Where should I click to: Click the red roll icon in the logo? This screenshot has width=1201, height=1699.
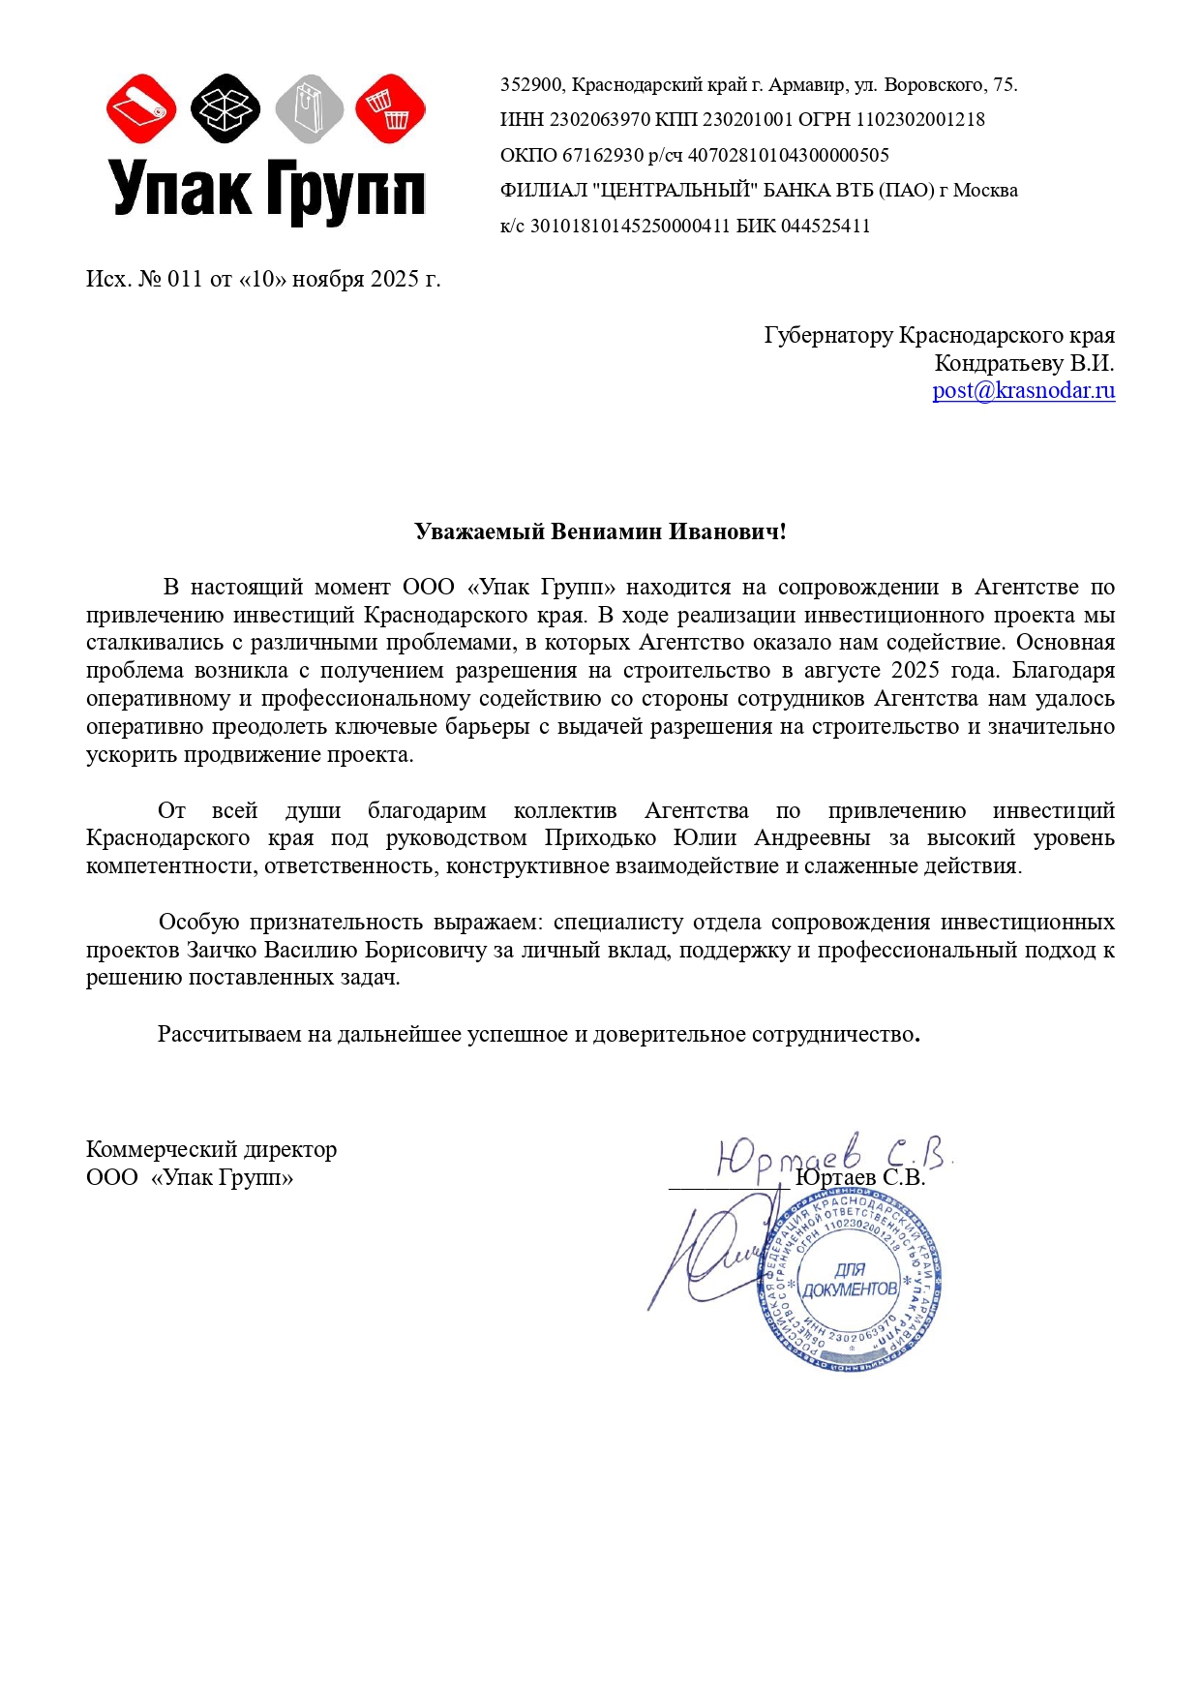coord(141,108)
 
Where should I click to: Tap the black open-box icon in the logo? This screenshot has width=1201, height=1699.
coord(225,108)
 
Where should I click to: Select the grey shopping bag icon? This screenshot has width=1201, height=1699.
coord(309,108)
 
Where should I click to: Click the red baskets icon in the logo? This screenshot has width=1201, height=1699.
coord(390,108)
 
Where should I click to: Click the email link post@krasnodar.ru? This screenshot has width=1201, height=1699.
coord(1023,391)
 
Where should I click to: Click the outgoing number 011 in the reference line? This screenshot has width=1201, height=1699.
coord(185,280)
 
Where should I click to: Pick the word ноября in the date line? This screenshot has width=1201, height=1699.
coord(328,280)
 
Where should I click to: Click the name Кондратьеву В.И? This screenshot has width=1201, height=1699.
coord(1024,364)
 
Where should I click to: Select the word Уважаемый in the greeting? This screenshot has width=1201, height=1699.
coord(479,531)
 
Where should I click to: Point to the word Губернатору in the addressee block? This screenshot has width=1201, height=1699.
coord(827,336)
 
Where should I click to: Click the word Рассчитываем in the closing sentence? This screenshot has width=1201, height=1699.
coord(229,1035)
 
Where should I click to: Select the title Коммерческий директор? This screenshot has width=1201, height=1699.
coord(211,1150)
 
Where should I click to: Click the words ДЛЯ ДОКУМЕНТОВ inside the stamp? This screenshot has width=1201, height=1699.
coord(850,1280)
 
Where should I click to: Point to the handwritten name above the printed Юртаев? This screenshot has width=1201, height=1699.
coord(832,1152)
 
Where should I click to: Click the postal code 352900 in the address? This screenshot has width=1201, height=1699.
coord(530,85)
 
